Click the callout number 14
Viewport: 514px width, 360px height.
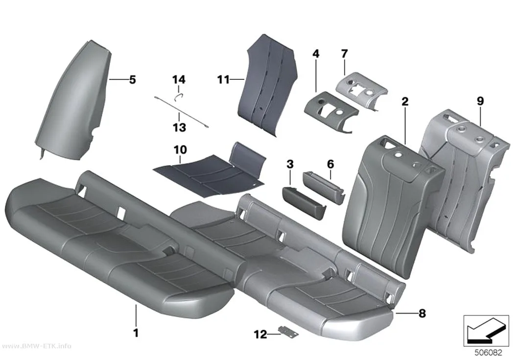(179, 79)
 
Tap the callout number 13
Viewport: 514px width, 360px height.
(179, 127)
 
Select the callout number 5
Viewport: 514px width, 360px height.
(133, 79)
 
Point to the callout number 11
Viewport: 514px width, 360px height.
(224, 79)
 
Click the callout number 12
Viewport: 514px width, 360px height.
(260, 335)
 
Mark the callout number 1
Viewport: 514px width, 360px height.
(136, 333)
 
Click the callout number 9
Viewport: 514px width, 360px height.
(480, 101)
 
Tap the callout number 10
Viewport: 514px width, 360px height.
(180, 149)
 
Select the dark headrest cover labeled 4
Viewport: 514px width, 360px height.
(331, 112)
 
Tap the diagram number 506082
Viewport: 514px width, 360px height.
(489, 353)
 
